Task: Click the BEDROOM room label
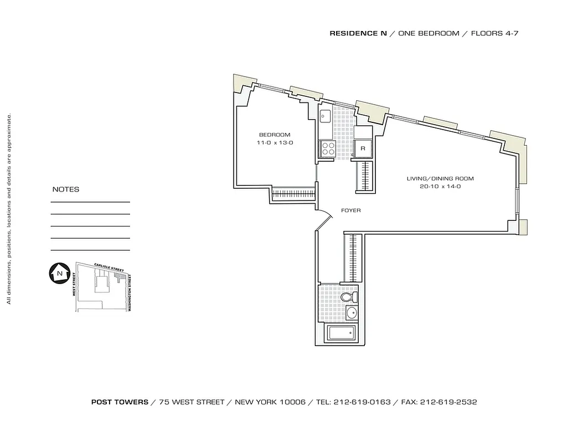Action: [275, 135]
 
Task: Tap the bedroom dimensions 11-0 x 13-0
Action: [275, 143]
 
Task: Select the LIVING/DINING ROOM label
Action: [440, 178]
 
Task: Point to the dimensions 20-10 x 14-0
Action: [440, 187]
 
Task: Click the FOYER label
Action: [350, 210]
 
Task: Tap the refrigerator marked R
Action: [363, 148]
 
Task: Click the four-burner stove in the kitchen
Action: [327, 148]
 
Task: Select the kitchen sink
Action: [326, 116]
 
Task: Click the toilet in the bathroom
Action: [349, 298]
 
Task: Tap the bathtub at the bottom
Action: [342, 333]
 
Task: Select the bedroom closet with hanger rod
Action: [293, 194]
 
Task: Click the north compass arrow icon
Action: [58, 273]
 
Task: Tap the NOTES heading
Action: [65, 189]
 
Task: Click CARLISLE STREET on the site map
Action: [108, 268]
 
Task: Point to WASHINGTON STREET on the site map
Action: [130, 292]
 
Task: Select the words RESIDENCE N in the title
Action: [358, 33]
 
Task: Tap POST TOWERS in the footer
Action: [120, 402]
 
